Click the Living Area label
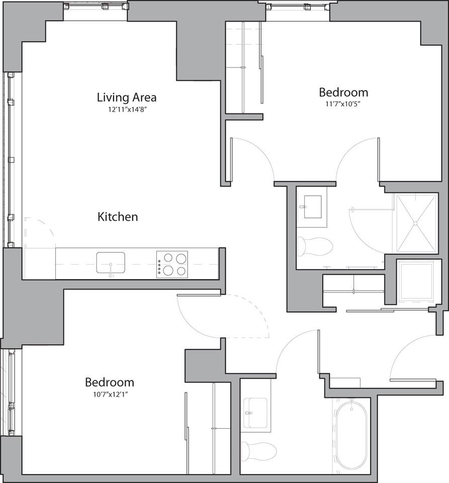(x=126, y=97)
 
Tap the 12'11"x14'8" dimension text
(x=126, y=109)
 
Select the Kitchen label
(x=117, y=217)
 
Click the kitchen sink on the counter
(x=111, y=263)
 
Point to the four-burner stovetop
(x=172, y=264)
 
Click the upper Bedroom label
(x=343, y=92)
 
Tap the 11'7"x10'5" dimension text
(x=343, y=104)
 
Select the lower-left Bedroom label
(x=109, y=382)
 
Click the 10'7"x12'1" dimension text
(x=109, y=394)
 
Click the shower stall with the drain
(x=416, y=223)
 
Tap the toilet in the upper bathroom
(x=314, y=247)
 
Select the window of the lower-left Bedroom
(x=10, y=392)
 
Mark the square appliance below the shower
(x=416, y=281)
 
